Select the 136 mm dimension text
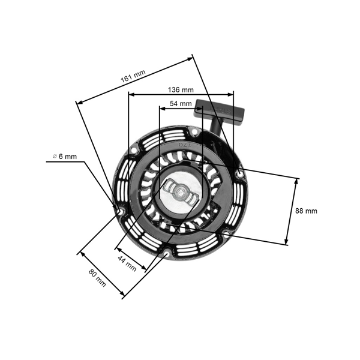coord(181,89)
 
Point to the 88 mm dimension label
coord(307,211)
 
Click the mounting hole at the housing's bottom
coord(166,256)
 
